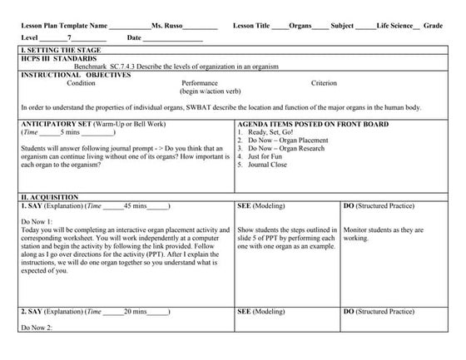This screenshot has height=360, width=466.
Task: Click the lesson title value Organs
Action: pyautogui.click(x=300, y=26)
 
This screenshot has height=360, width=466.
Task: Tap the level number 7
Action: pyautogui.click(x=71, y=38)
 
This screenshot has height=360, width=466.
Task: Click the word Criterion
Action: pyautogui.click(x=324, y=83)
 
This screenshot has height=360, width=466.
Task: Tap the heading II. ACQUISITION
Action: pyautogui.click(x=49, y=196)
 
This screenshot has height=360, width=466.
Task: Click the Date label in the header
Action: pyautogui.click(x=135, y=38)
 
